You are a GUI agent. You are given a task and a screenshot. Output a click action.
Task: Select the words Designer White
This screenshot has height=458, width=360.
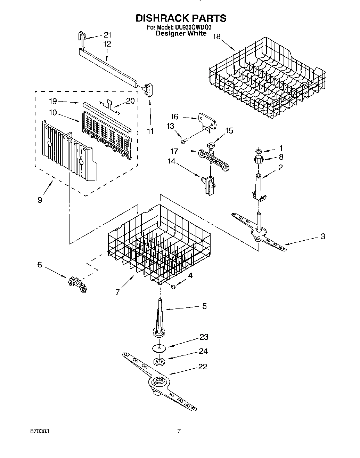tap(181, 33)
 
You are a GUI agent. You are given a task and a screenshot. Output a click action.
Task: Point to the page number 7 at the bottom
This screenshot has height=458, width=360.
tap(179, 431)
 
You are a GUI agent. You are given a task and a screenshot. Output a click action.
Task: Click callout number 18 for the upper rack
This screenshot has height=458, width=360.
tap(216, 36)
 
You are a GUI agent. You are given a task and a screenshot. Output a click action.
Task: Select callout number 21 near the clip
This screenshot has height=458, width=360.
tap(107, 34)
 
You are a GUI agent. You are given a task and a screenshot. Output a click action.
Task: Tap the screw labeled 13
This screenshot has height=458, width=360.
tap(183, 141)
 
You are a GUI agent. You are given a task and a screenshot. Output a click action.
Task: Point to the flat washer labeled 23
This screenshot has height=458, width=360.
tap(159, 347)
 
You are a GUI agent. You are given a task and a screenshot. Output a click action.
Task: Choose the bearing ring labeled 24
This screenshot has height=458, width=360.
tap(159, 362)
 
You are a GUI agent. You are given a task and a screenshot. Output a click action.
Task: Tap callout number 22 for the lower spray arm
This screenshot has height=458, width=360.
tap(202, 366)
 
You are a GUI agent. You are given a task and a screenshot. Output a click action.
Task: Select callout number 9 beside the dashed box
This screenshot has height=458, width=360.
tap(40, 200)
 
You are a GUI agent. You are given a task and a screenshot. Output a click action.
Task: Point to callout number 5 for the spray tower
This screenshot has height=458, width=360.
tap(204, 306)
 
